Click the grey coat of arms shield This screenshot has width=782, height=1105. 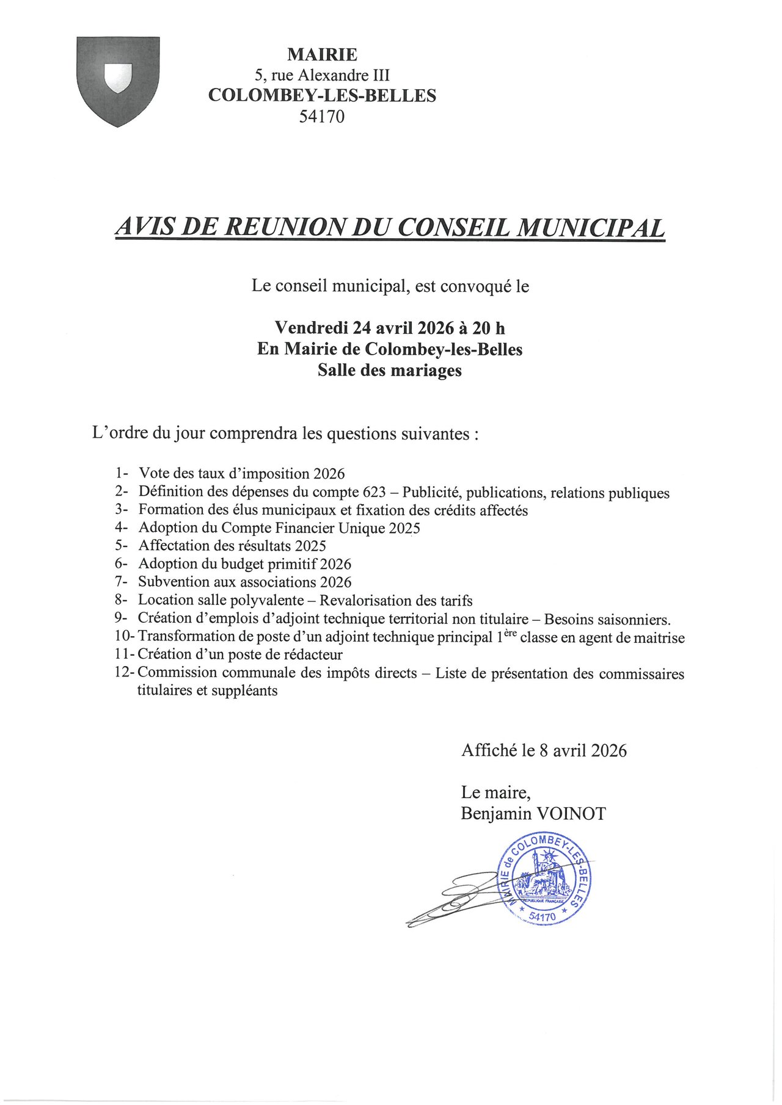click(118, 81)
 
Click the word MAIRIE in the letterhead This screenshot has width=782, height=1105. click(322, 55)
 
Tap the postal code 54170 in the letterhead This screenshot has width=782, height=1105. click(321, 116)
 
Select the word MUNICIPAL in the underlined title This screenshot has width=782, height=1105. click(591, 227)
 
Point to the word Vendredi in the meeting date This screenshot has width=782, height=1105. click(311, 328)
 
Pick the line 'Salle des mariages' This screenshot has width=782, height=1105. click(389, 370)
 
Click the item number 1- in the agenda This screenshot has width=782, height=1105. click(121, 473)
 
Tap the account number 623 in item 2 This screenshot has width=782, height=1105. click(374, 492)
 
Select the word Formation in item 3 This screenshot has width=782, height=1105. click(170, 510)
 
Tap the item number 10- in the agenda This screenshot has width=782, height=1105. click(125, 636)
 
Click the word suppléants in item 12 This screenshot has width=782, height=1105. click(244, 691)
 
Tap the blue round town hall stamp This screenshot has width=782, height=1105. click(544, 880)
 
